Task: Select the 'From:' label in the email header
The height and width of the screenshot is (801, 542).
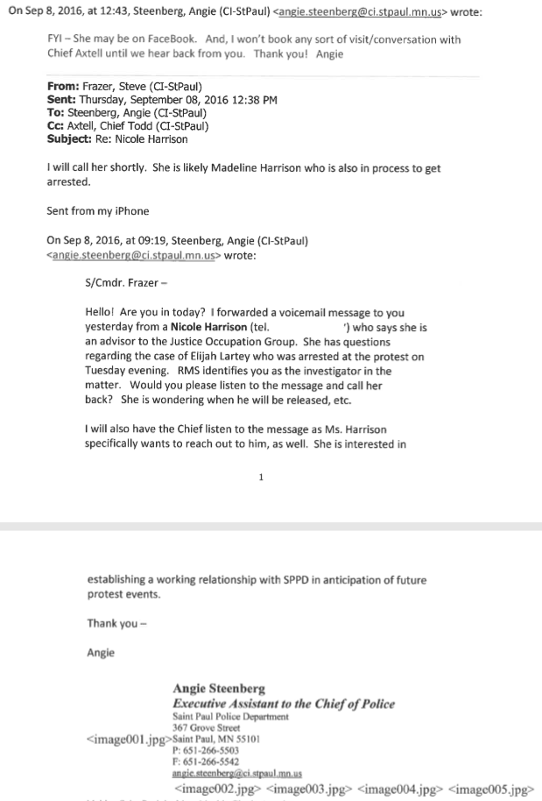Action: [64, 87]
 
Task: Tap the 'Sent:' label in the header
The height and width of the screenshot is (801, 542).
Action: [63, 100]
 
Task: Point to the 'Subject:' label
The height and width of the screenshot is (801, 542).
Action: [72, 138]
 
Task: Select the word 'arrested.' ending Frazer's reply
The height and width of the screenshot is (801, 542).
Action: [70, 182]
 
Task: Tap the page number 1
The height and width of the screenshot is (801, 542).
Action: [262, 478]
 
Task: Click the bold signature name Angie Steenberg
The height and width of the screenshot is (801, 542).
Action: [219, 689]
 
